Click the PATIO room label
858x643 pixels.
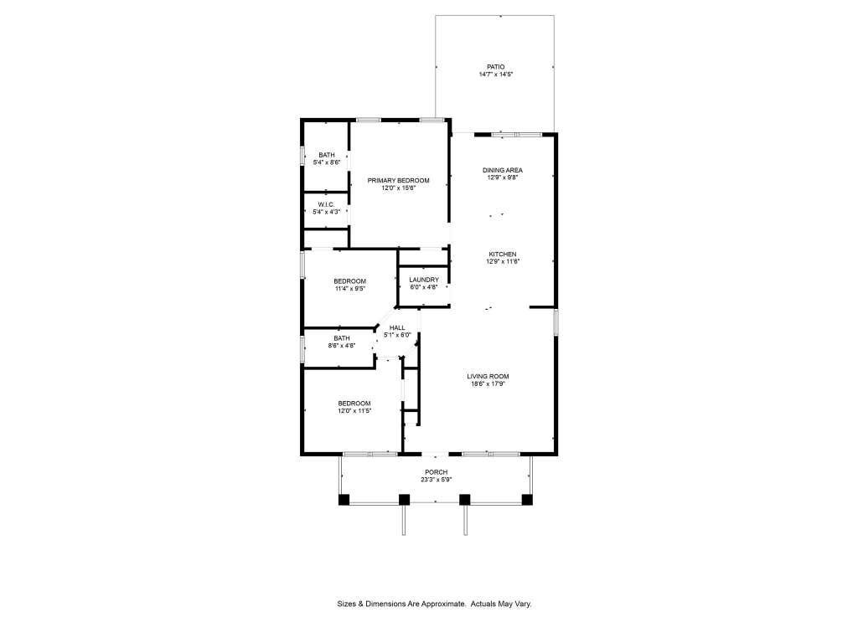coord(496,67)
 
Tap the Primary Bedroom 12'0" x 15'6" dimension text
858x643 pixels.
coord(399,188)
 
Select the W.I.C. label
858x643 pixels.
coord(326,204)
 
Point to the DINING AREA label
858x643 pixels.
coord(503,170)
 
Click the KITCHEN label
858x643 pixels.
coord(503,255)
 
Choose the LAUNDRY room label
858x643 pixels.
coord(424,280)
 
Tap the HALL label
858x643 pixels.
coord(397,327)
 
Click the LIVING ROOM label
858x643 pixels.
coord(488,376)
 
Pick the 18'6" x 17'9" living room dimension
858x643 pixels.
coord(488,383)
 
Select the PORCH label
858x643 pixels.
coord(436,472)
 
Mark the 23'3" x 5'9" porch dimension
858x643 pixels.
coord(436,480)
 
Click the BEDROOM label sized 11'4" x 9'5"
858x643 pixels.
coord(349,281)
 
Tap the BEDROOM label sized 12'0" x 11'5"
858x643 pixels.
coord(354,403)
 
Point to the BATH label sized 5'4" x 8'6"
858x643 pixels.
coord(327,155)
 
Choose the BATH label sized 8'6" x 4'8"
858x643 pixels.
coord(342,338)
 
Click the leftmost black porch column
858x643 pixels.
coord(344,499)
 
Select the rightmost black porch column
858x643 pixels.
coord(527,499)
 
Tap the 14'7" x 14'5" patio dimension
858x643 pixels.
coord(496,75)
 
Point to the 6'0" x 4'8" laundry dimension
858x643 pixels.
coord(424,287)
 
